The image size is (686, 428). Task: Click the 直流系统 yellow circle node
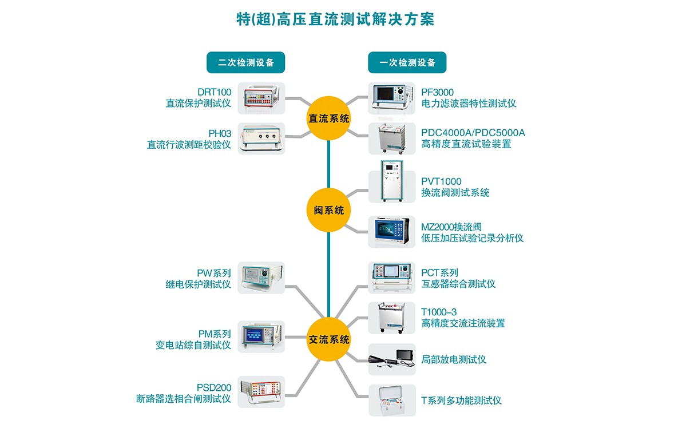(329, 119)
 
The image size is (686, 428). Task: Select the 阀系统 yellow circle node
(329, 210)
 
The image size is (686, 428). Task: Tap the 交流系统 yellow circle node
(329, 339)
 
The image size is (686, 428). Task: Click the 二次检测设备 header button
(245, 62)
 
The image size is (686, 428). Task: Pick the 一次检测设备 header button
(407, 62)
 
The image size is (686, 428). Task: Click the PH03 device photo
(261, 138)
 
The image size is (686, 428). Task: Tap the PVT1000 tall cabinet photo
(391, 181)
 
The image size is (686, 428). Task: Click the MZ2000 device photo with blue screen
(391, 232)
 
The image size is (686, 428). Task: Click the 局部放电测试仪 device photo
(391, 359)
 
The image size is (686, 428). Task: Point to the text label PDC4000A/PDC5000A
(473, 133)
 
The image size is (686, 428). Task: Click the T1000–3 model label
(439, 312)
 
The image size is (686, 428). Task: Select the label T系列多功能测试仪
(461, 400)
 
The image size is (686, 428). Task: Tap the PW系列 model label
(214, 273)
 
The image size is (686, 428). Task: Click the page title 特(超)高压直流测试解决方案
(335, 19)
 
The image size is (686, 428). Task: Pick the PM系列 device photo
(261, 336)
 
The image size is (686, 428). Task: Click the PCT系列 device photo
(391, 278)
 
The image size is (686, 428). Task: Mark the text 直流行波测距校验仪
(189, 145)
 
